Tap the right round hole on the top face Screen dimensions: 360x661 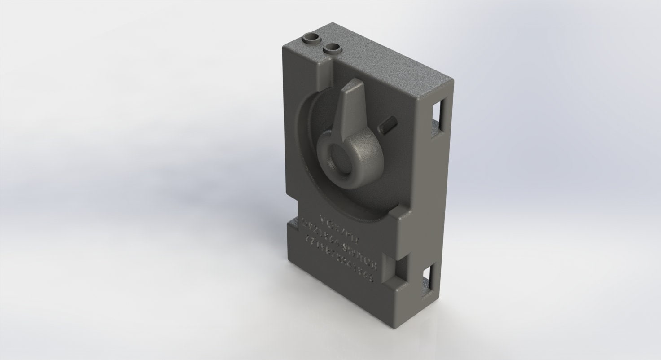tap(333, 47)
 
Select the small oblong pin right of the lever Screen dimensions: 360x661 tap(387, 124)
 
